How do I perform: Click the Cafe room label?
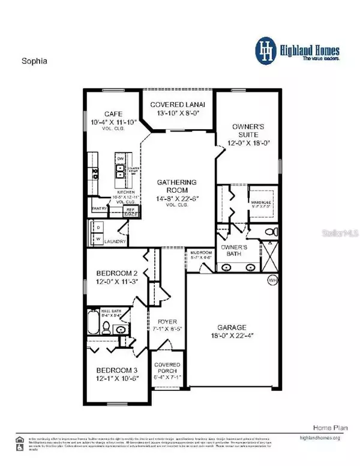[x=111, y=113]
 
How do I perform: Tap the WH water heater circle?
[x=273, y=280]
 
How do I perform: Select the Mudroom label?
[x=198, y=253]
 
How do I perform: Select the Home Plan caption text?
[x=326, y=427]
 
